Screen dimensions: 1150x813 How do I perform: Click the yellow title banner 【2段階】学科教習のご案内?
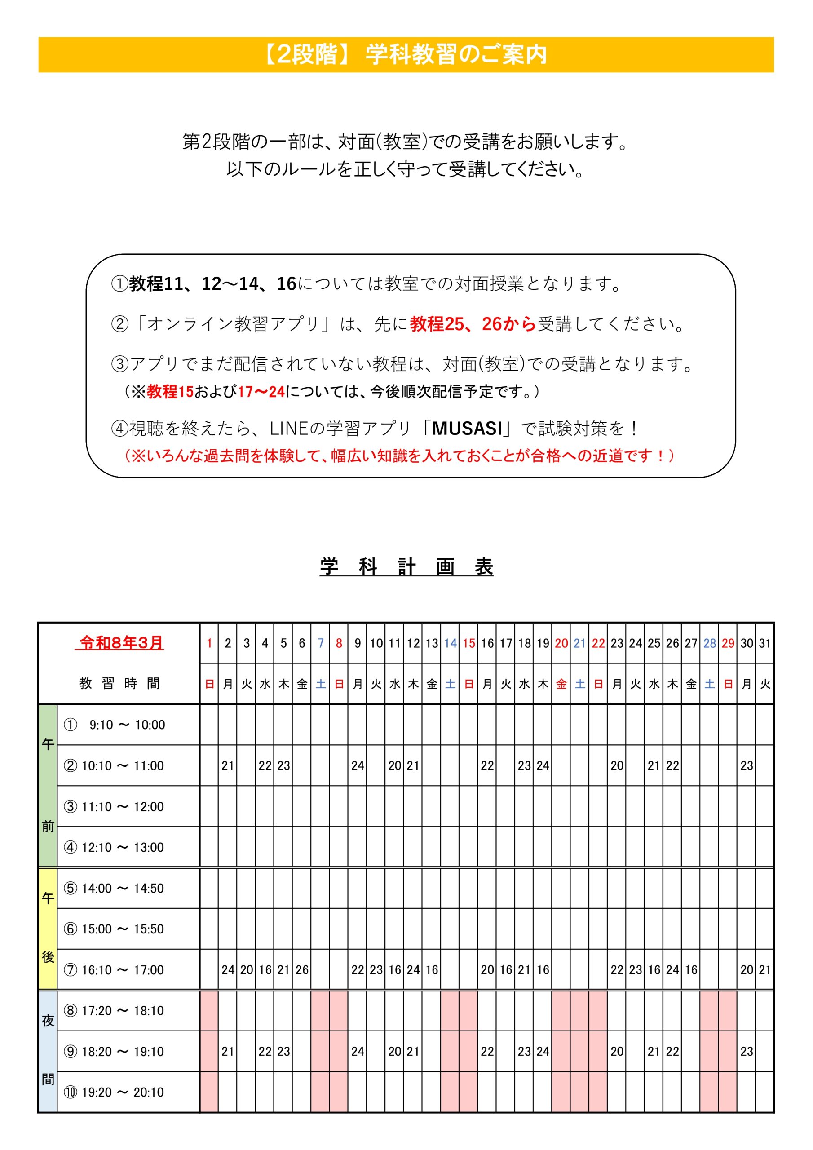[406, 55]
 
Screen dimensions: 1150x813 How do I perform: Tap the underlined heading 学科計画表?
[406, 567]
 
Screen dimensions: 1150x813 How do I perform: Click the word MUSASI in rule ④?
[466, 429]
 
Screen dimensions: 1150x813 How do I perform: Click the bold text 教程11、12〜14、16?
[213, 284]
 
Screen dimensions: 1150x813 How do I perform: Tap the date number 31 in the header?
[764, 644]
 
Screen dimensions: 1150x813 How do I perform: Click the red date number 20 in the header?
[561, 644]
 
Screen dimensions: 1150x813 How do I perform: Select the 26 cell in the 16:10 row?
[301, 970]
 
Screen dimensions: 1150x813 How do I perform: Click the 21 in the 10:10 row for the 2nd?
[228, 766]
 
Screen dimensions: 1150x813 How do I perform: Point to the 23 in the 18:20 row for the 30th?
[747, 1051]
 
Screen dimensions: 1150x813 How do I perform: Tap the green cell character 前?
[48, 827]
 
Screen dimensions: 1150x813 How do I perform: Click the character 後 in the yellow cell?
[48, 957]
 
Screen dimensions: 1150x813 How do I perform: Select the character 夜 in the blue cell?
[48, 1021]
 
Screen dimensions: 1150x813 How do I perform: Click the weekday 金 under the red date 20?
[561, 684]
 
